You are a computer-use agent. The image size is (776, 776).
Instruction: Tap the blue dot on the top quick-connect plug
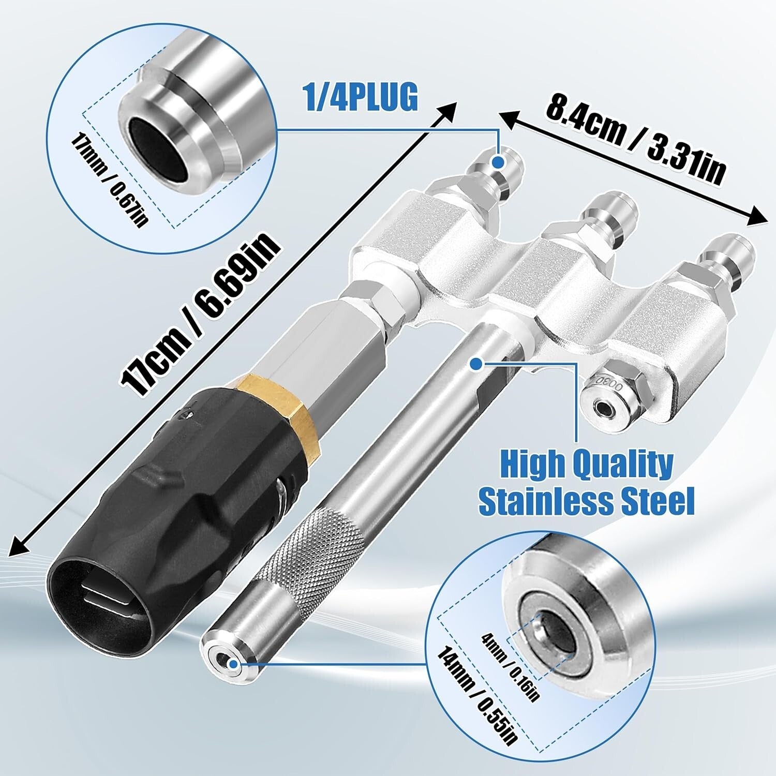pos(498,162)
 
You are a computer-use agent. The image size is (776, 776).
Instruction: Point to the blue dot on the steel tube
pos(475,364)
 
